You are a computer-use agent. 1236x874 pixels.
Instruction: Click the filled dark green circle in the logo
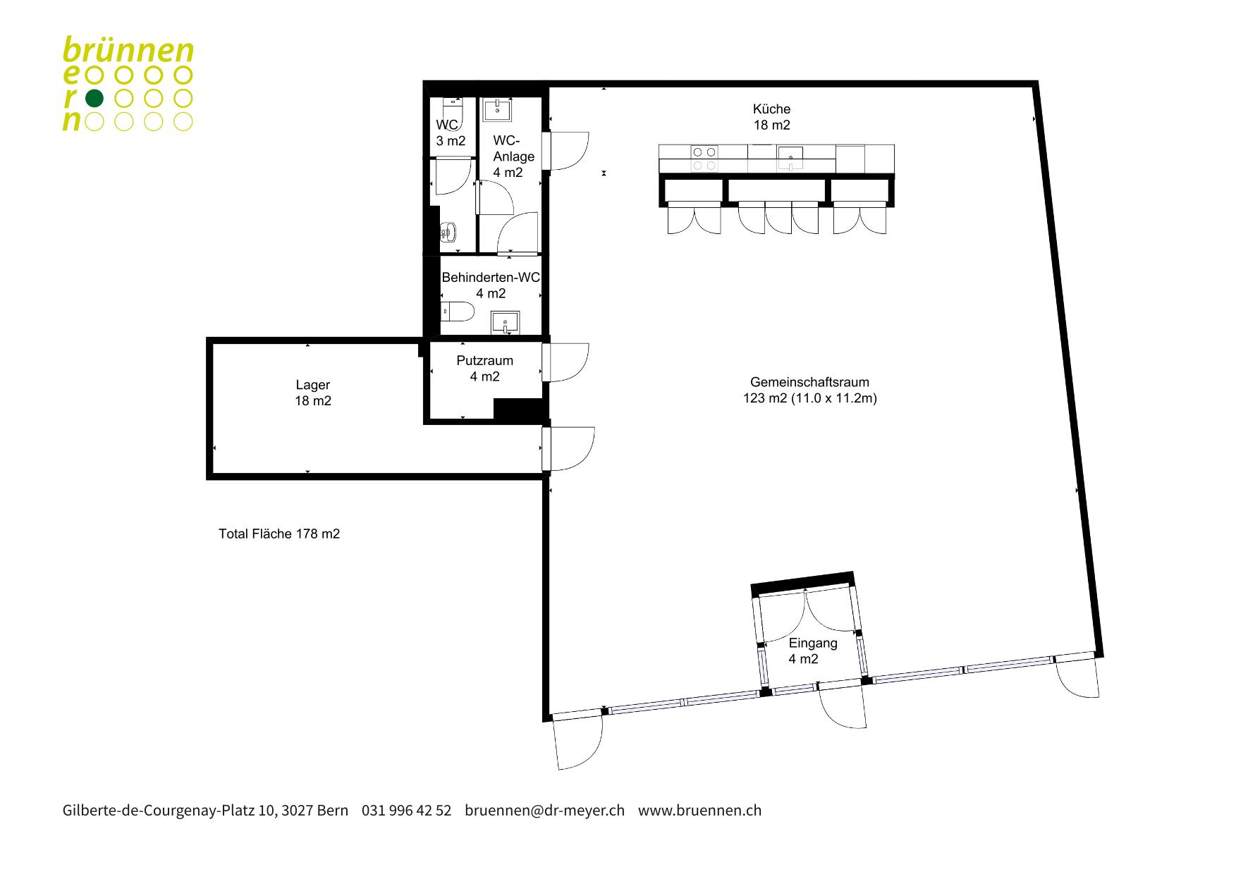94,98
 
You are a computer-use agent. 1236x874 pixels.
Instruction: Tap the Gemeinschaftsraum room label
809,390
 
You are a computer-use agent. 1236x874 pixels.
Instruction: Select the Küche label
771,117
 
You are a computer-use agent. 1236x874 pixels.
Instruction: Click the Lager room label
313,393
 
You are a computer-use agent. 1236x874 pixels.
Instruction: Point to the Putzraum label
485,368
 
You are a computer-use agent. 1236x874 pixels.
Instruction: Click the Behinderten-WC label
491,285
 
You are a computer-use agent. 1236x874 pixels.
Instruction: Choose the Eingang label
813,651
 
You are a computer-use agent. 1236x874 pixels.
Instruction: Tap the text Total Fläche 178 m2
279,534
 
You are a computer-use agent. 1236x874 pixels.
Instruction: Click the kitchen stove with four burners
704,158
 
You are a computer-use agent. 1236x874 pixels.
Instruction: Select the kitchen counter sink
791,158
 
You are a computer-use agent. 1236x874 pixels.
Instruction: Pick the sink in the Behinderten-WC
505,322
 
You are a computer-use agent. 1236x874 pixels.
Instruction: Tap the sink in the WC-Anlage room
498,109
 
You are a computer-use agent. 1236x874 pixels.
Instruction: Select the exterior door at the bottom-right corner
1077,675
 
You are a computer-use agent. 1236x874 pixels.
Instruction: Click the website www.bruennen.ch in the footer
699,811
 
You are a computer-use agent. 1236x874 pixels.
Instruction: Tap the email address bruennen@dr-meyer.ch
544,811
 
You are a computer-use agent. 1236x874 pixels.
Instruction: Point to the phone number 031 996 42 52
406,811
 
